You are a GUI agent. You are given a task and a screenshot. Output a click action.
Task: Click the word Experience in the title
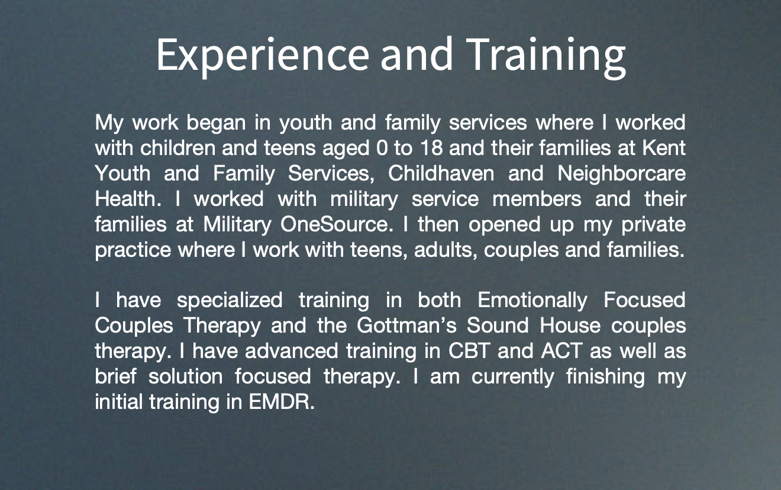coord(263,56)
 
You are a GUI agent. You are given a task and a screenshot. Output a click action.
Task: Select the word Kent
coord(664,147)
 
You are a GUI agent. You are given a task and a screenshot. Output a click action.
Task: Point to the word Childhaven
coord(441,173)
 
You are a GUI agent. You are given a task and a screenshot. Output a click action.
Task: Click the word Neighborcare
coord(622,174)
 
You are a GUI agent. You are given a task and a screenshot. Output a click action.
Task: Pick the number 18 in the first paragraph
coord(432,147)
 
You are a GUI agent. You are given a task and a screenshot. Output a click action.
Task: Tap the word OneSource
coord(337,224)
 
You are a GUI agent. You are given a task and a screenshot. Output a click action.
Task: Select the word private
coord(653,225)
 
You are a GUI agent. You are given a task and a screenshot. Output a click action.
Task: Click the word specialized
coord(230,300)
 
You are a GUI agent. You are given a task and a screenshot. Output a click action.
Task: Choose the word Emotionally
coord(532,300)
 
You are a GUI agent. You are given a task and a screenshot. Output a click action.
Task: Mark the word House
coord(570,325)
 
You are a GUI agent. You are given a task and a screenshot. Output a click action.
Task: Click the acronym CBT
coord(469,351)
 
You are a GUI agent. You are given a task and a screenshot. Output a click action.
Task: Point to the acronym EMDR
coord(282,402)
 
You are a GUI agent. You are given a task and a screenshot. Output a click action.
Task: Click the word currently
coord(513,377)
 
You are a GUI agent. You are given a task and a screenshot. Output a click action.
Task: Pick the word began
coord(216,123)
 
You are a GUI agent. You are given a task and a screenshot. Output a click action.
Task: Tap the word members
coord(537,199)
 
